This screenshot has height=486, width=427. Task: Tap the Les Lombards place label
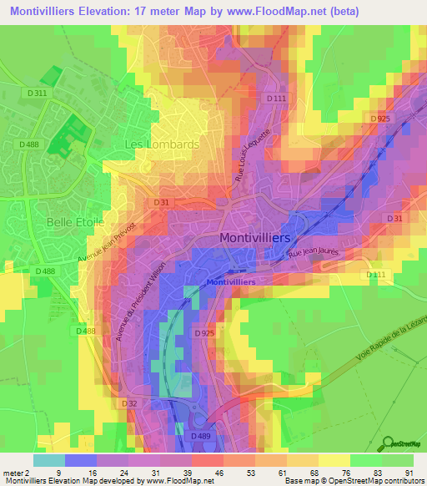[x=161, y=144]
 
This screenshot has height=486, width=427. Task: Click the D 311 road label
[x=37, y=94]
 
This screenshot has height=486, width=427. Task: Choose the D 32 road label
[x=128, y=403]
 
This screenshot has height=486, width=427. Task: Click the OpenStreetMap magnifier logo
[x=389, y=443]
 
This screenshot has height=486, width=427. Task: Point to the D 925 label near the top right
[x=380, y=119]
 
